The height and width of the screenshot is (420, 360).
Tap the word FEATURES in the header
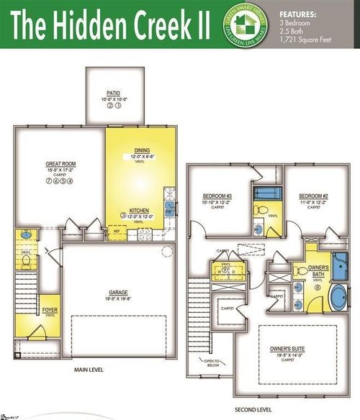click(x=297, y=14)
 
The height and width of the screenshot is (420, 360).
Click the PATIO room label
click(x=112, y=93)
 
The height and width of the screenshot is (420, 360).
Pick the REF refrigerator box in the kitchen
click(x=116, y=232)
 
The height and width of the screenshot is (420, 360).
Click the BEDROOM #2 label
click(x=314, y=196)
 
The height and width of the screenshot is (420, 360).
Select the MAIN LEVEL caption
click(x=91, y=370)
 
